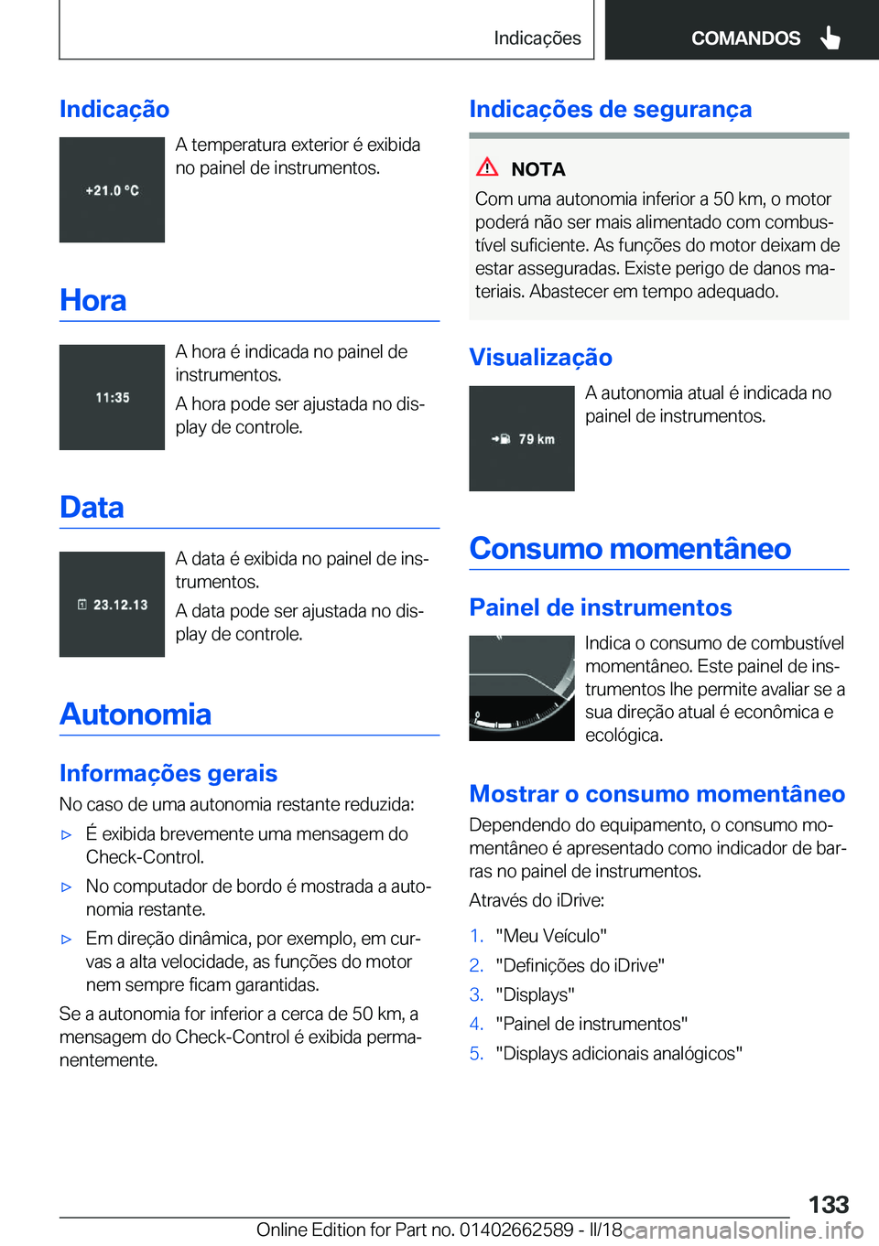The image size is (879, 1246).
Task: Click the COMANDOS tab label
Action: [744, 38]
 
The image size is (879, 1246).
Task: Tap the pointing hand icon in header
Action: [830, 38]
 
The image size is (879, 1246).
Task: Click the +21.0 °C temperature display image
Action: [112, 190]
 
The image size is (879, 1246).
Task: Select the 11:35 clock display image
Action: [112, 397]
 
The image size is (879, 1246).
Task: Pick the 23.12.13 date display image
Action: [112, 604]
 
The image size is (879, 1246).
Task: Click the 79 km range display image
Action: [522, 439]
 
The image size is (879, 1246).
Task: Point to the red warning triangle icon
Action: [487, 167]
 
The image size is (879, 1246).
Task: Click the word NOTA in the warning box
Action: [538, 169]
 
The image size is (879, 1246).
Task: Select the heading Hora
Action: [93, 300]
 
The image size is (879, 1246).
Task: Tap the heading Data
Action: [92, 507]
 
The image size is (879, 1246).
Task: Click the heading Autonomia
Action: [136, 714]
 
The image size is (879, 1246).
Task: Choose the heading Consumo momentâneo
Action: [630, 548]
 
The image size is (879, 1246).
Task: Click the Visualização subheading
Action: [540, 357]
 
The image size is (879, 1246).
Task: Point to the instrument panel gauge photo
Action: [522, 688]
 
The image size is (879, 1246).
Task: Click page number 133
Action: [828, 1204]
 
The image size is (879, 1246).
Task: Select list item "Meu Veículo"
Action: [551, 936]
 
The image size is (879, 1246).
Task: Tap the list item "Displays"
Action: [535, 994]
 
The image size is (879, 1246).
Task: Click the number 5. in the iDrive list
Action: [476, 1053]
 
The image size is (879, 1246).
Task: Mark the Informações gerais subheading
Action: [168, 773]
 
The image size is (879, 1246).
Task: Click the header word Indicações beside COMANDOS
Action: [537, 38]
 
